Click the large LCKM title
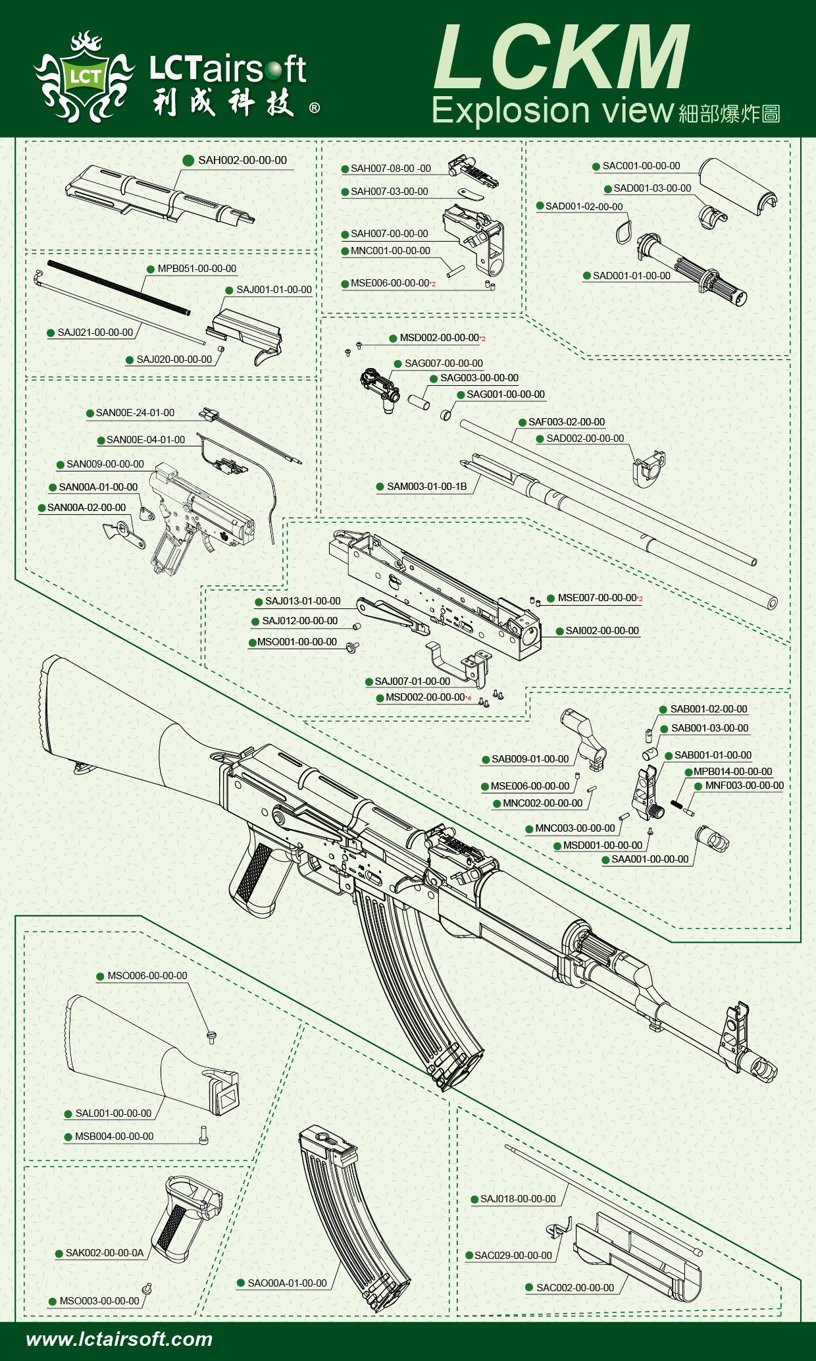(x=561, y=58)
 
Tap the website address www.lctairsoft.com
(x=119, y=1339)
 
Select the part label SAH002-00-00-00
(x=242, y=160)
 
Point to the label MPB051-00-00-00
(x=197, y=269)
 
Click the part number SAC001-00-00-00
(x=641, y=166)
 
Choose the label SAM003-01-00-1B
(x=426, y=487)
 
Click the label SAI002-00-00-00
(x=601, y=631)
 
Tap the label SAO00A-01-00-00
(x=287, y=1283)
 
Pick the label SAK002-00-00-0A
(x=104, y=1253)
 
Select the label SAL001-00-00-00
(x=113, y=1113)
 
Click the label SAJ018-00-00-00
(x=518, y=1199)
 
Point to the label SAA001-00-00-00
(x=650, y=859)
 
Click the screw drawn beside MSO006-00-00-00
(x=211, y=1037)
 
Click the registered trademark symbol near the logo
(x=315, y=108)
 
